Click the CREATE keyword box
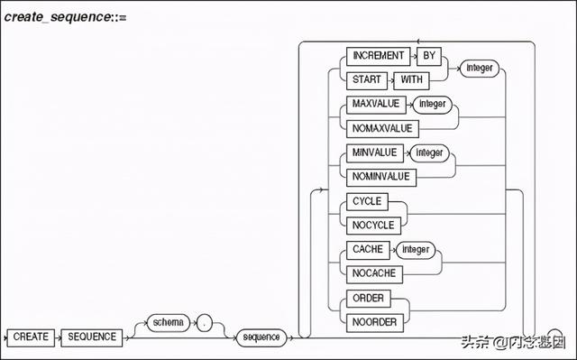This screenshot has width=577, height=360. [32, 337]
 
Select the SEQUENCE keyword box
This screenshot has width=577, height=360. [93, 337]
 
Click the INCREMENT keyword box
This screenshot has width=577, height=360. [379, 54]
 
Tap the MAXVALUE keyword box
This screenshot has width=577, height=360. [377, 105]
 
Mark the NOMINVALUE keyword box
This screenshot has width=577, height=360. [382, 177]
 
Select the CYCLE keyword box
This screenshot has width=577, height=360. [369, 201]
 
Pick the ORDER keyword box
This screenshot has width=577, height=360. [370, 297]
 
